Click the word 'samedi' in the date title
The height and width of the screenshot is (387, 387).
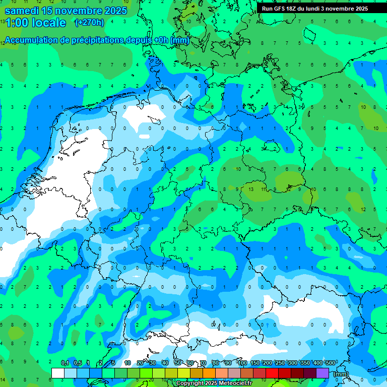[x=23, y=11]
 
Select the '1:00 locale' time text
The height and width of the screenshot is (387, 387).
[x=35, y=23]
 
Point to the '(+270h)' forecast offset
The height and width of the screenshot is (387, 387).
[x=89, y=23]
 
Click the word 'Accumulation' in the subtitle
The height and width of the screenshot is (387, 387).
[x=31, y=40]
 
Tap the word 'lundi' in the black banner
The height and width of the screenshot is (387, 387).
[x=315, y=9]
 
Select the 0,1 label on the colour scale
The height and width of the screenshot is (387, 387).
[x=64, y=363]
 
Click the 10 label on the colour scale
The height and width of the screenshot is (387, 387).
[x=127, y=363]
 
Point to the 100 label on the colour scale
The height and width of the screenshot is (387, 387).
[x=242, y=363]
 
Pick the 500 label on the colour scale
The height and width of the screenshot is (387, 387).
[x=331, y=363]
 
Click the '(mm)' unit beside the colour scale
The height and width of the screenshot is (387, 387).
[x=341, y=374]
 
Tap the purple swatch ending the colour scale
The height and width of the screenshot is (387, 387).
[x=322, y=373]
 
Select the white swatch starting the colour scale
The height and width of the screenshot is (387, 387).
[x=58, y=373]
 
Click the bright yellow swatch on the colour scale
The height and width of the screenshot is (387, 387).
[x=184, y=373]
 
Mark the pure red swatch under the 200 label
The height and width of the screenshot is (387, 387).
[x=272, y=373]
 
